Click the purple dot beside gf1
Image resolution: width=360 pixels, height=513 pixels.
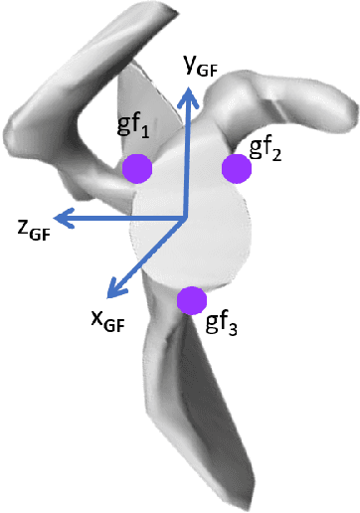coord(137,169)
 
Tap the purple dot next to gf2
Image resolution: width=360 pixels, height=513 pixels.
coord(237,169)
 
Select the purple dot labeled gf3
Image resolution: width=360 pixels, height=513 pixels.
coord(190,299)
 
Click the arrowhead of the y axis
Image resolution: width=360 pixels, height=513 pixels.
coord(185,91)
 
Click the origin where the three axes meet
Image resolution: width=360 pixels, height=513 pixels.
coord(185,218)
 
